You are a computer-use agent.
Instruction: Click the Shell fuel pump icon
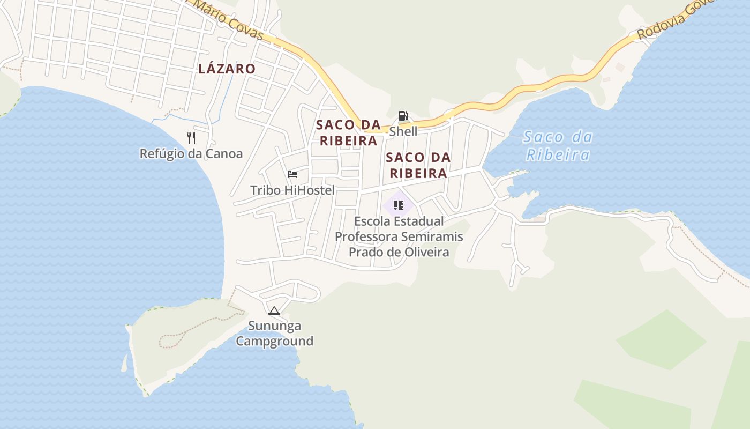pos(403,116)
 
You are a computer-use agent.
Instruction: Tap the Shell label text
pos(403,131)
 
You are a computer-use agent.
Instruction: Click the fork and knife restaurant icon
pos(191,138)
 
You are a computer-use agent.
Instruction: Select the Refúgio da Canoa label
pos(191,154)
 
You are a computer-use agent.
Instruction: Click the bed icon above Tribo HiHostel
pos(292,174)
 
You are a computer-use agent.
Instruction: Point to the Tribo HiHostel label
pos(292,190)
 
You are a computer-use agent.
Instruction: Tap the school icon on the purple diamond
pos(398,205)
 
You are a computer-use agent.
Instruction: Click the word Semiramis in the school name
pos(432,236)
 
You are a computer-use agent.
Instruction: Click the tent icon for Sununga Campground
pos(274,310)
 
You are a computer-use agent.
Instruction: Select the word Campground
pos(275,341)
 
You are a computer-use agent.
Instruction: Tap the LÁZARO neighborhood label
pos(227,69)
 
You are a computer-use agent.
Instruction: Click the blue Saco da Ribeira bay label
pos(558,146)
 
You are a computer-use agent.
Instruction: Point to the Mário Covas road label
pos(229,21)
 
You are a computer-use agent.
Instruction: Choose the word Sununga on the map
pos(274,326)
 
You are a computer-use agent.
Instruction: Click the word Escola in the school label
pos(372,221)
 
